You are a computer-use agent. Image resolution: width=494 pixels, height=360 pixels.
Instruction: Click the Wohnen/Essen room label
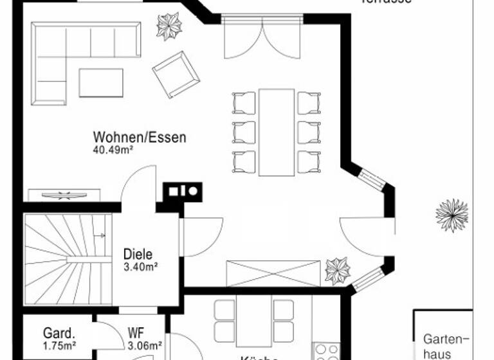click(x=140, y=137)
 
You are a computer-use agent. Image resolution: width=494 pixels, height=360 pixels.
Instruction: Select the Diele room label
click(x=138, y=254)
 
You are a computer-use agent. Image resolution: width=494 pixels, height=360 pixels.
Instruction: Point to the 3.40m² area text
click(x=141, y=267)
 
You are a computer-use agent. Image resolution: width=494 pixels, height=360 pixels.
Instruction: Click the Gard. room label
click(x=59, y=334)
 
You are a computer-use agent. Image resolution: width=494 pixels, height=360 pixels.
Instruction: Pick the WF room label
click(x=136, y=334)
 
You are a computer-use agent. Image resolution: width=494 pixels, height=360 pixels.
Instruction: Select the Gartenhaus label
click(x=446, y=346)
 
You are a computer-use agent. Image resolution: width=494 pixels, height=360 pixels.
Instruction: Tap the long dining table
click(x=277, y=132)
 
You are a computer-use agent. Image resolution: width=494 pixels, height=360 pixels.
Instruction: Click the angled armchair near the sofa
click(x=176, y=74)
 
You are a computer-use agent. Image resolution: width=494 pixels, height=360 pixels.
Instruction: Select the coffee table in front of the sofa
click(x=101, y=82)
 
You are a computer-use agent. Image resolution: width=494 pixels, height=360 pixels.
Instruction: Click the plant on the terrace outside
click(x=452, y=215)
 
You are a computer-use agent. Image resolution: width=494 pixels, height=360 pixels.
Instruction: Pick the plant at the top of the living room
click(x=171, y=27)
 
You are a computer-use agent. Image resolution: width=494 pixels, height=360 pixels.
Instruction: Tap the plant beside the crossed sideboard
click(x=337, y=270)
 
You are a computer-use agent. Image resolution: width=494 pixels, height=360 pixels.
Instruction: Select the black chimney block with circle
click(x=184, y=191)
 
